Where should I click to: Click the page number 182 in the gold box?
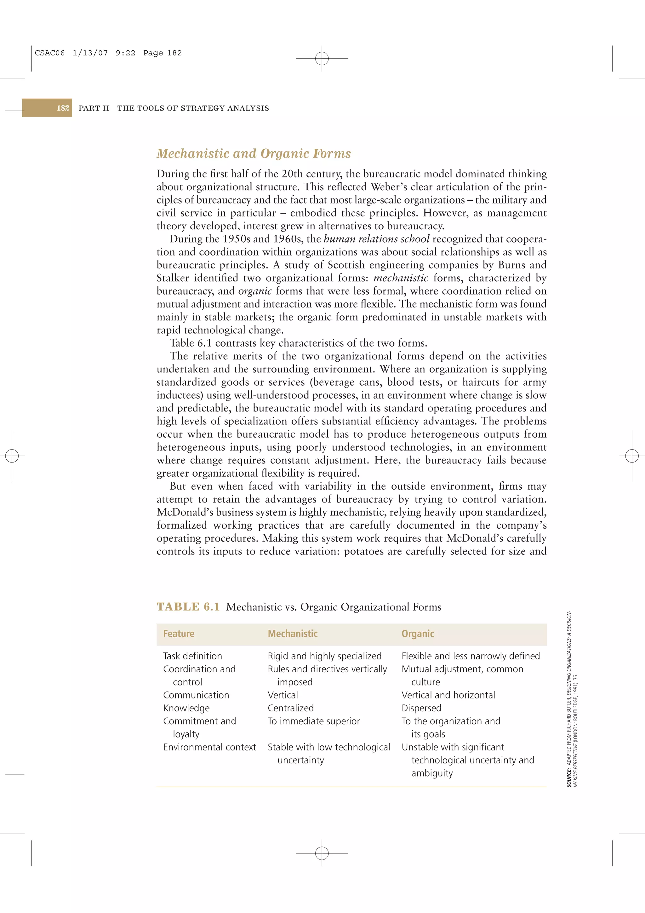(63, 108)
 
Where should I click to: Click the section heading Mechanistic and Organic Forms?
(254, 153)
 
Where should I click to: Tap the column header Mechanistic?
(293, 634)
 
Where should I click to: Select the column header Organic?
(418, 634)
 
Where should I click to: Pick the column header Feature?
(179, 634)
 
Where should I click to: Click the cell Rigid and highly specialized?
(324, 656)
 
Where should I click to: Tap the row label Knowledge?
(186, 708)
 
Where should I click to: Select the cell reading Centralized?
(290, 708)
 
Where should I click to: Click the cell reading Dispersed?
(421, 708)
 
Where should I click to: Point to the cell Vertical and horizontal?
(448, 695)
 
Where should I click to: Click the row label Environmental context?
(209, 747)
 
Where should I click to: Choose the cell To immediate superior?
(314, 721)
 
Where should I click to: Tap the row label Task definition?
(192, 656)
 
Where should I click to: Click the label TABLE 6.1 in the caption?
(188, 607)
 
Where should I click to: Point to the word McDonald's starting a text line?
(185, 512)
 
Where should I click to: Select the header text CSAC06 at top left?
(50, 53)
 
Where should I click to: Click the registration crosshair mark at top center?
(322, 59)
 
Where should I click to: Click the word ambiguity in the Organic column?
(432, 773)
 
